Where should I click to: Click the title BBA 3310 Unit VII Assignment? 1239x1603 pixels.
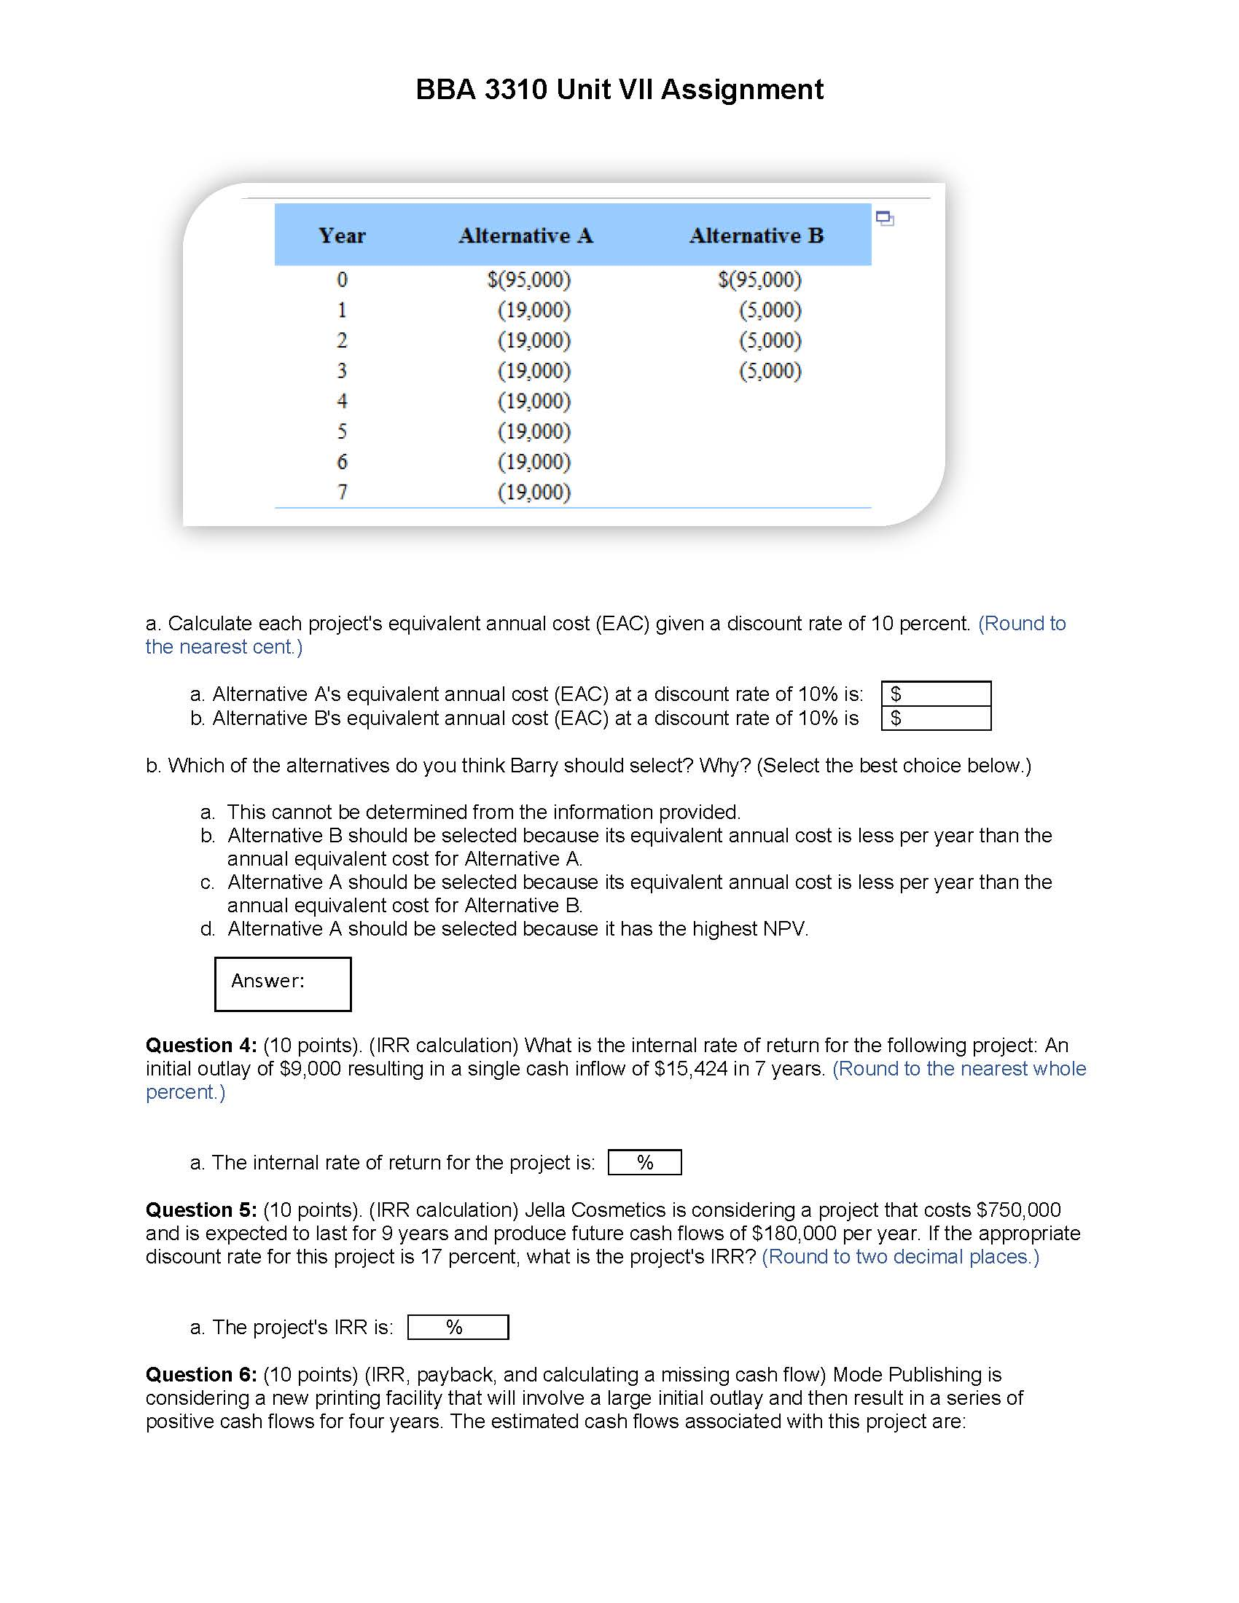(619, 90)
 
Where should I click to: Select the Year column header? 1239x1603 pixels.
(341, 235)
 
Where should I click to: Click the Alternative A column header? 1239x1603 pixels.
(525, 235)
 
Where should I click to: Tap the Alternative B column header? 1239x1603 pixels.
(756, 235)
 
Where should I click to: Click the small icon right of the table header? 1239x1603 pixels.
(885, 218)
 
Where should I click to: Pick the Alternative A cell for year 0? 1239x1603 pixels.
(528, 280)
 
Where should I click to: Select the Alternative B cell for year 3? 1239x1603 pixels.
(769, 371)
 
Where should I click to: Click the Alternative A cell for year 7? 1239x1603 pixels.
(533, 492)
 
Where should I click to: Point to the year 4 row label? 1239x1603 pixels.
(341, 401)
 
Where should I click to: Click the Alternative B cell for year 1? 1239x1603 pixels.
(769, 310)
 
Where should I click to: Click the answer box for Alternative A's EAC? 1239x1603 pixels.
(936, 694)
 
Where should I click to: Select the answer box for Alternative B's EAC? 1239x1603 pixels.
(936, 718)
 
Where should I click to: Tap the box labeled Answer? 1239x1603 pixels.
(283, 984)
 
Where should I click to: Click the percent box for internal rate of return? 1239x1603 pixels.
(644, 1162)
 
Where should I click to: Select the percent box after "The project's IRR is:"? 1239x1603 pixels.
(457, 1327)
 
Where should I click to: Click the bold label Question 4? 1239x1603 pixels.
(200, 1045)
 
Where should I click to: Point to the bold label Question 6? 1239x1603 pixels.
(200, 1374)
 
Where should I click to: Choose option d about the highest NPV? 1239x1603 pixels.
(517, 928)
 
